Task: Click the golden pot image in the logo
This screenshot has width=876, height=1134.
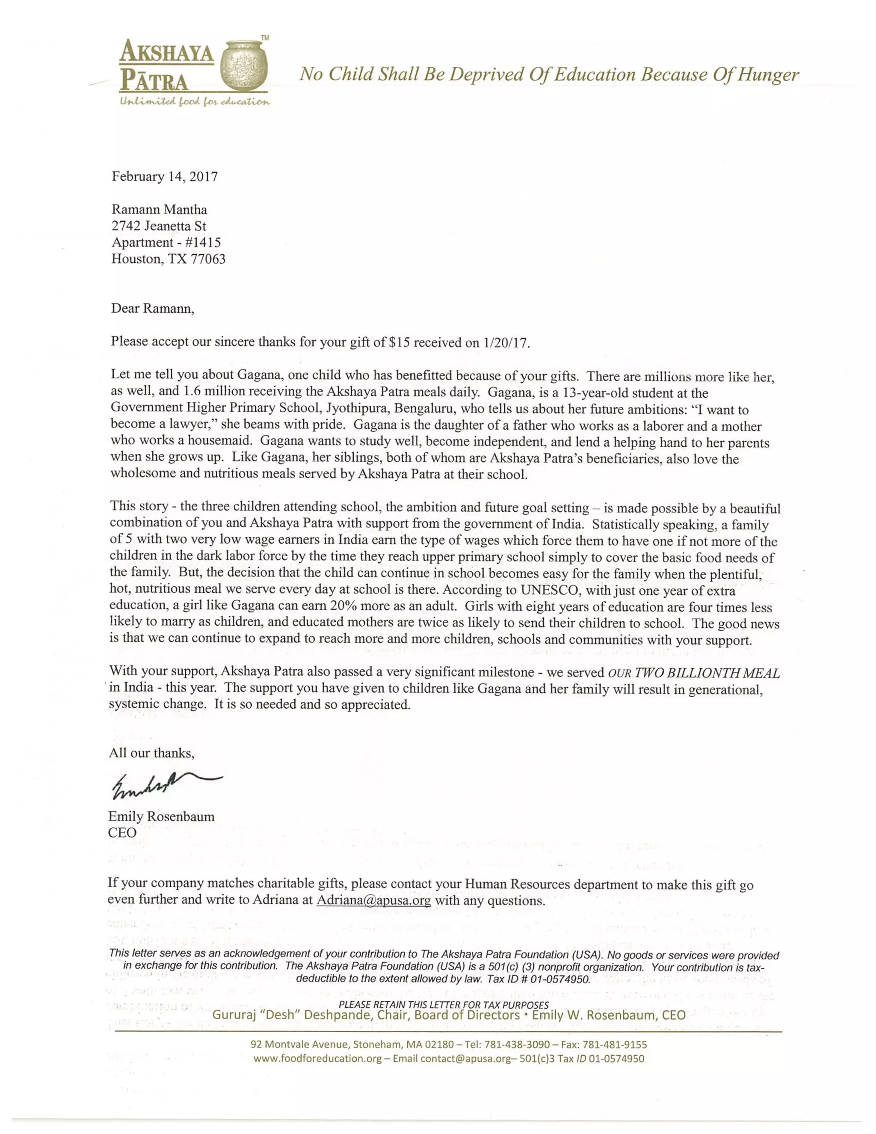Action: pyautogui.click(x=243, y=68)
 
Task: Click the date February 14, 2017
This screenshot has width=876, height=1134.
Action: pyautogui.click(x=165, y=177)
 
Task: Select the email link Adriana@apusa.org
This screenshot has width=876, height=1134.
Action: pyautogui.click(x=373, y=900)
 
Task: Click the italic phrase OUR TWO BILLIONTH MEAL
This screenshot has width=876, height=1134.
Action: pyautogui.click(x=693, y=673)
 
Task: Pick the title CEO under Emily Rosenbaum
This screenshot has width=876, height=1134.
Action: pyautogui.click(x=122, y=833)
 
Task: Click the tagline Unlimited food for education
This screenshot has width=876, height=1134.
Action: pyautogui.click(x=195, y=101)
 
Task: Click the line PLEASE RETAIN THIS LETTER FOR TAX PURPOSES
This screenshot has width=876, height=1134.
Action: pyautogui.click(x=443, y=1005)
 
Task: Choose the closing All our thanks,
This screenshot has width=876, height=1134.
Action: pyautogui.click(x=151, y=753)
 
